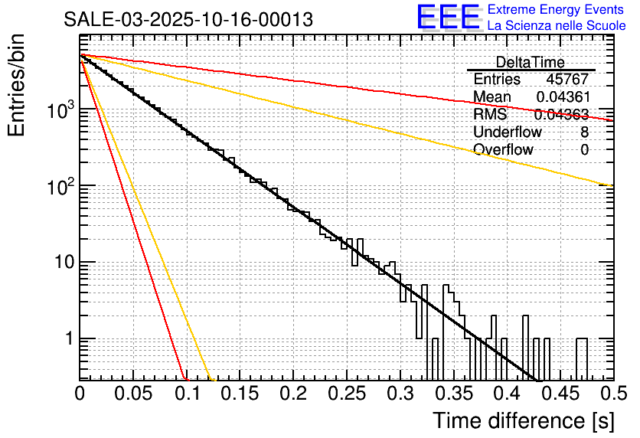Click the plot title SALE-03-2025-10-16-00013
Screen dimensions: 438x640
coord(188,20)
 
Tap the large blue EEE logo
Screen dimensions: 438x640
coord(448,18)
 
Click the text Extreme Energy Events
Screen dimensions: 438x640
coord(556,10)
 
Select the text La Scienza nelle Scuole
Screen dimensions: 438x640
coord(557,26)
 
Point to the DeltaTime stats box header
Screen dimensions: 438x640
coord(530,62)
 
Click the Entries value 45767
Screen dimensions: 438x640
coord(567,80)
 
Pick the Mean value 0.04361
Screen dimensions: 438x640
coord(562,97)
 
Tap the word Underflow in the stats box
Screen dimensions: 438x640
coord(508,132)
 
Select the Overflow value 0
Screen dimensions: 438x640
coord(584,149)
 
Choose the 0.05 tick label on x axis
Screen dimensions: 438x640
coord(133,394)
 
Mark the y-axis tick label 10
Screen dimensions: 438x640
coord(62,263)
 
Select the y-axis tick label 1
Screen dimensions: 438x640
coord(69,338)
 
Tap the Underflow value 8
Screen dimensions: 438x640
coord(584,132)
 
